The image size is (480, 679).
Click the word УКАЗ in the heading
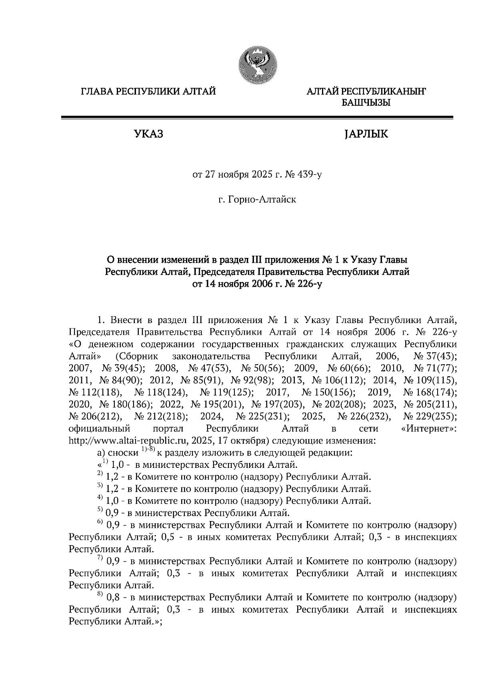coord(148,134)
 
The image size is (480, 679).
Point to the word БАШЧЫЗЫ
coord(366,103)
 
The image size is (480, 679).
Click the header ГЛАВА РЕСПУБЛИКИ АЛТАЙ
coord(148,92)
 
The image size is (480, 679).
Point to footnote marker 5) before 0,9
coord(100,510)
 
